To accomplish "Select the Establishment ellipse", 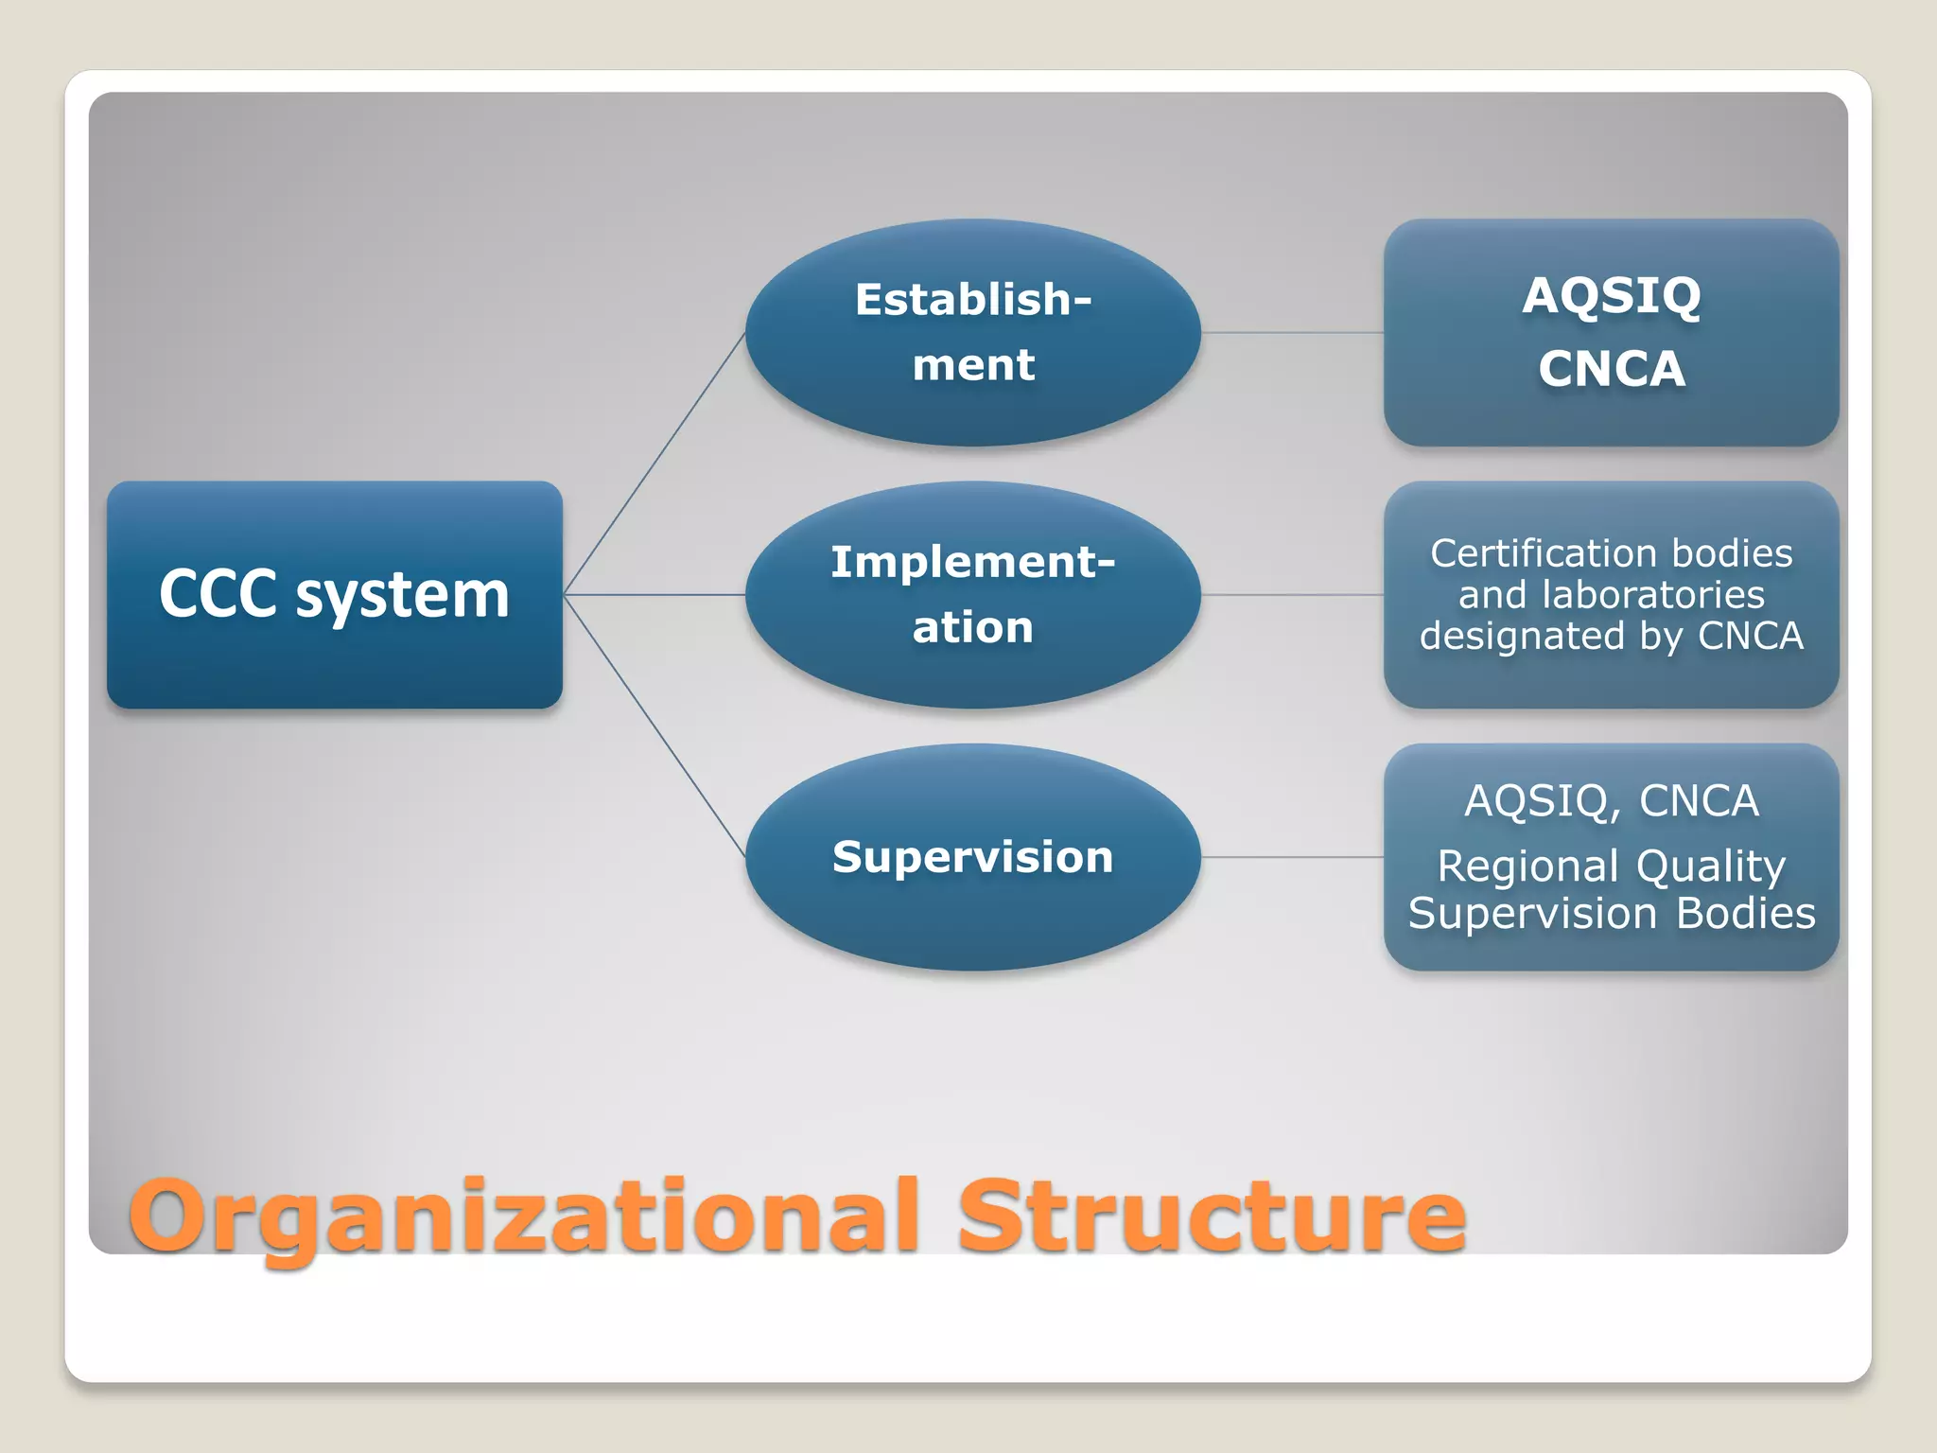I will tap(972, 332).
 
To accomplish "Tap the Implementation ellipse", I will tap(972, 594).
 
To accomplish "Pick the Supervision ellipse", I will tap(972, 857).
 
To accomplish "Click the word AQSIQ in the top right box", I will tap(1611, 296).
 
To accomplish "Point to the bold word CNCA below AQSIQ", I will tap(1611, 369).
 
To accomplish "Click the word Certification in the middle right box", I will tap(1533, 553).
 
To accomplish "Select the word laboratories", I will tap(1652, 595).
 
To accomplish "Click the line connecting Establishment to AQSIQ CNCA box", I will tap(1292, 332).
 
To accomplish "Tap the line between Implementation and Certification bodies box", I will tap(1292, 595).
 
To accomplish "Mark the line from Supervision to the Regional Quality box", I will tap(1292, 857).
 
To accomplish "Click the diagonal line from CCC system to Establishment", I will tap(654, 464).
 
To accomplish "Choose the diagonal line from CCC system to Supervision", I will tap(654, 726).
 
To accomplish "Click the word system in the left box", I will tap(402, 596).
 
